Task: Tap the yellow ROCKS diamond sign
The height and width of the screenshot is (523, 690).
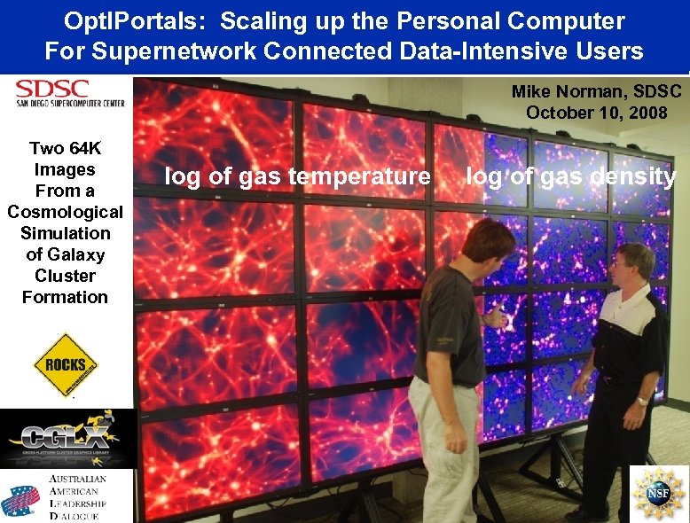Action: click(66, 364)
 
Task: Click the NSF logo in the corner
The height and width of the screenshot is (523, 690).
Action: click(659, 493)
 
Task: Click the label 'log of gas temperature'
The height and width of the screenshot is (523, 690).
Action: click(297, 176)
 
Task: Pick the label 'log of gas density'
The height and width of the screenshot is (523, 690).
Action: click(571, 176)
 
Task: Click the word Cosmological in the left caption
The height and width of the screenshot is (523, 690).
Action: click(66, 212)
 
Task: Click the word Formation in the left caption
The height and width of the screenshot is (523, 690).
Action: click(66, 297)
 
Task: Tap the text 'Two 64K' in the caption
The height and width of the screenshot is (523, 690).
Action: click(66, 148)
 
